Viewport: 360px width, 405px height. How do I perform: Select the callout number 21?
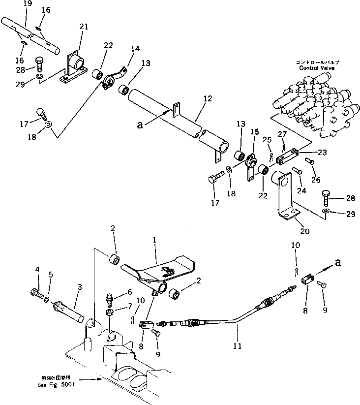[84, 27]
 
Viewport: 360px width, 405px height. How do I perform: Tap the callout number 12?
[207, 99]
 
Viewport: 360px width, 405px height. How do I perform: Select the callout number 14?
[135, 49]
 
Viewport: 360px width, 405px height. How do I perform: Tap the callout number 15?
[254, 131]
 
